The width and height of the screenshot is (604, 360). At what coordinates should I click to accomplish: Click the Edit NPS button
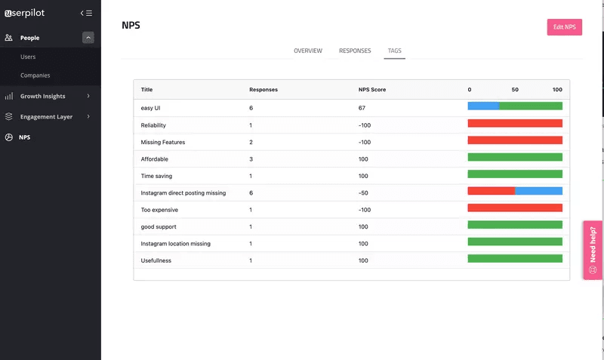point(564,27)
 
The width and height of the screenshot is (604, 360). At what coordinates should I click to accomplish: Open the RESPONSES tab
point(355,51)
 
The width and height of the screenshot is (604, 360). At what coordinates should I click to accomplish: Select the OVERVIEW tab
point(308,51)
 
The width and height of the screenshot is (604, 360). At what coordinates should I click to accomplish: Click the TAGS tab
point(395,51)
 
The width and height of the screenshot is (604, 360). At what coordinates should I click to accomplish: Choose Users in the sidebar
point(28,57)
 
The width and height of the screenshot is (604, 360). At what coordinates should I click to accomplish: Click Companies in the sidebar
point(35,75)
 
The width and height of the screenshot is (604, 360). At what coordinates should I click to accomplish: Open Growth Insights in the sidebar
point(43,96)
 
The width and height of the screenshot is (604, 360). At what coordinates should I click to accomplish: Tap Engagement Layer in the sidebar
point(46,117)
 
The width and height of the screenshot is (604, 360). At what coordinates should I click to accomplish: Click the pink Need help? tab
point(593,250)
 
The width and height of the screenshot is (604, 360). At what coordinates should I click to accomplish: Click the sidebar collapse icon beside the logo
point(87,13)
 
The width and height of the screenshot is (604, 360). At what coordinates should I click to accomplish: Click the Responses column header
point(263,90)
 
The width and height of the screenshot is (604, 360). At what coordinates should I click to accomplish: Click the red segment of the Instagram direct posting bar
point(492,191)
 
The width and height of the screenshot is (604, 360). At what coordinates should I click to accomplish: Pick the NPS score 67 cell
point(362,108)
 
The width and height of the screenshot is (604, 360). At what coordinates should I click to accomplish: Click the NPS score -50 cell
point(363,193)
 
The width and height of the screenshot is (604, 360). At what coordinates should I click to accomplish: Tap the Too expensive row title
point(159,210)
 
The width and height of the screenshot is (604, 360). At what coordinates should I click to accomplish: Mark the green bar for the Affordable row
point(515,157)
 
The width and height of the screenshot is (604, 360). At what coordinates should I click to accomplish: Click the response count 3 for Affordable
point(251,159)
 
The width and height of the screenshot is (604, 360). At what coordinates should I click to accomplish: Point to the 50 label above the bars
point(515,90)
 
